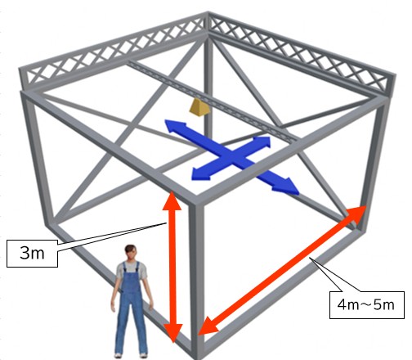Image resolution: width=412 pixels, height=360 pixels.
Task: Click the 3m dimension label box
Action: (32, 254)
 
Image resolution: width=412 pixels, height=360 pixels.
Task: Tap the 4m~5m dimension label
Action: (366, 305)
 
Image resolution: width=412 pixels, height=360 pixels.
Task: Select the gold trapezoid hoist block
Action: (199, 107)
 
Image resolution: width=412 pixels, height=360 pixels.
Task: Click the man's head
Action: (131, 253)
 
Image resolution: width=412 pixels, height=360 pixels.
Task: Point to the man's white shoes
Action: (131, 355)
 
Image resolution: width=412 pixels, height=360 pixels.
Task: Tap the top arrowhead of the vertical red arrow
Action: (172, 200)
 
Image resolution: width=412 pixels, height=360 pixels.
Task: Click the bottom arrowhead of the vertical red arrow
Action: (173, 333)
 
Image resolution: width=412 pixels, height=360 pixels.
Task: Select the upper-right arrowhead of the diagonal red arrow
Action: (356, 214)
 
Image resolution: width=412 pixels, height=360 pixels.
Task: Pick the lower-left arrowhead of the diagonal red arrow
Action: (208, 326)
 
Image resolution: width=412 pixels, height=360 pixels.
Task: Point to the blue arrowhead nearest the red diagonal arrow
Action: (286, 187)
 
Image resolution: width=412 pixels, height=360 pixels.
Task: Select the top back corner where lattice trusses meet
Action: (208, 23)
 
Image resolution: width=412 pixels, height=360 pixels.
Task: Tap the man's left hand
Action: (150, 306)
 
